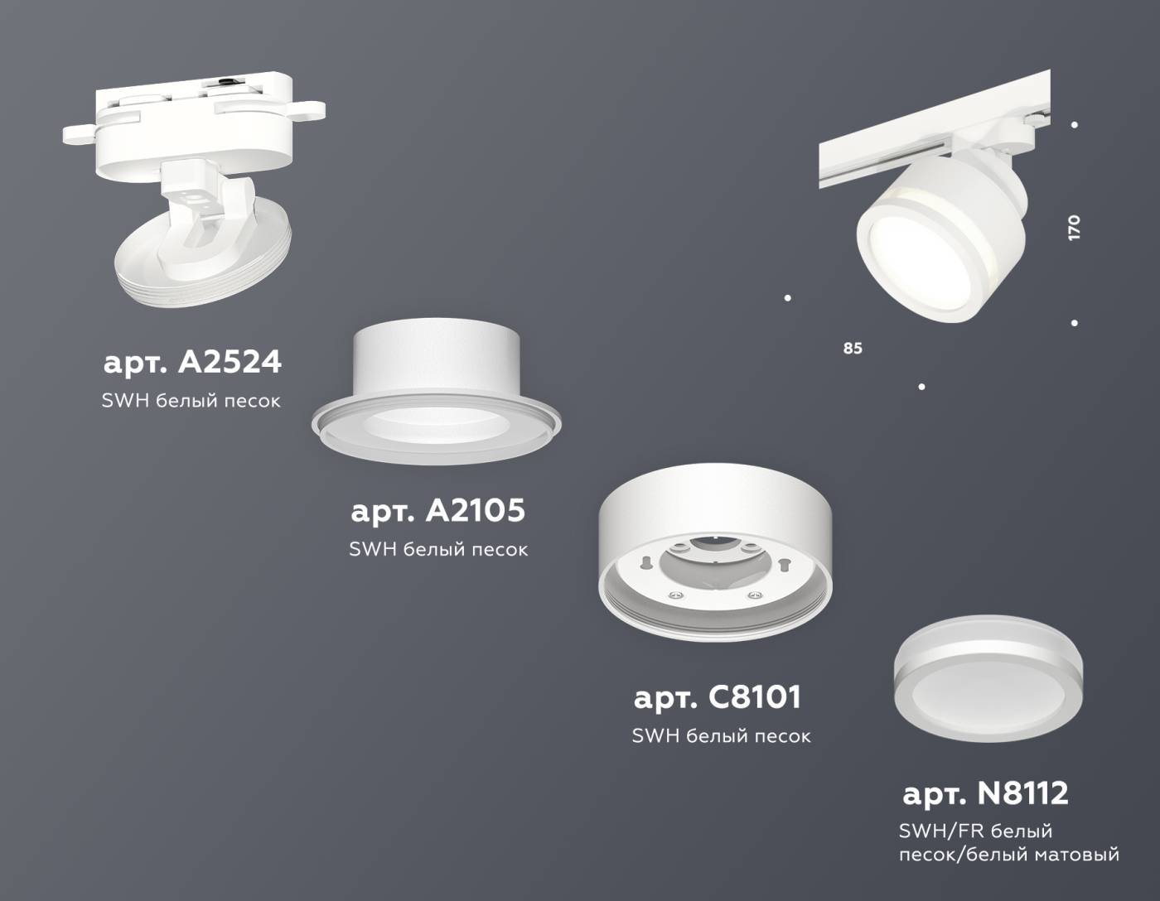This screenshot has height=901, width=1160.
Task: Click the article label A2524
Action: (192, 362)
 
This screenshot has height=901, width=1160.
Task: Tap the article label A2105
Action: (437, 510)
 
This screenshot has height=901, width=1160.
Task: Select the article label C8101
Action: (718, 697)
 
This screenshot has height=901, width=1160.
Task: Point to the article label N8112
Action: (985, 793)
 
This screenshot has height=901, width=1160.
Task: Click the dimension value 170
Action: (1075, 228)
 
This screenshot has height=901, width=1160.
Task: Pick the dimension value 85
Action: (853, 349)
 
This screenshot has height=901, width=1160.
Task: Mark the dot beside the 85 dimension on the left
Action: (787, 298)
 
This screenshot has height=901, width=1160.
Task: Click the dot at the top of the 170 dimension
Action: (1075, 125)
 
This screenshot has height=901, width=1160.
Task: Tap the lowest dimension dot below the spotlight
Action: (921, 387)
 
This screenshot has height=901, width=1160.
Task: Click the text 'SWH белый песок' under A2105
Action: (438, 549)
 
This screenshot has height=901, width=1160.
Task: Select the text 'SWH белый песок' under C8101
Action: (721, 735)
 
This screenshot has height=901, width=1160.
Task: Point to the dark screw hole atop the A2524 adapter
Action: (225, 81)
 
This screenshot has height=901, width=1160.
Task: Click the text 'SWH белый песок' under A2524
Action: (191, 401)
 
